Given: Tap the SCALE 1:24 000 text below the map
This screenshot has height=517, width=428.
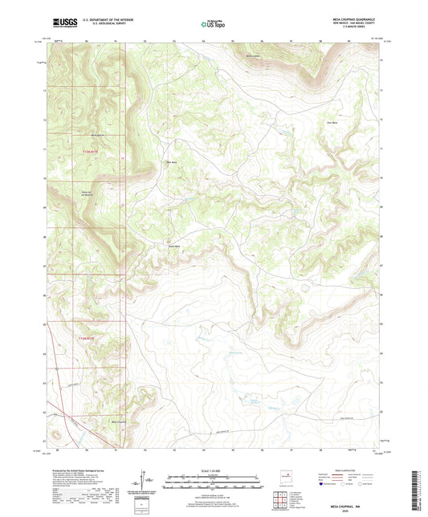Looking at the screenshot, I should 214,469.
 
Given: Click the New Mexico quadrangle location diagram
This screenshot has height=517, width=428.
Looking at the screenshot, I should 287,482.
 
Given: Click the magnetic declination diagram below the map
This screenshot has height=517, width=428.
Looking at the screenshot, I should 146,483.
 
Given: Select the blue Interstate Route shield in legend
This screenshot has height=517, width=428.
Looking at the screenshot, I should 324,485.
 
